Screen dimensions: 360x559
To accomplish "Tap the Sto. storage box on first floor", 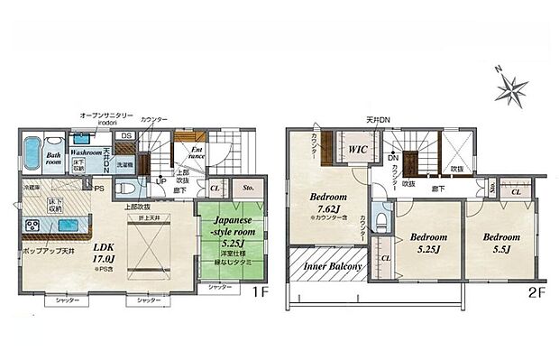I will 249,189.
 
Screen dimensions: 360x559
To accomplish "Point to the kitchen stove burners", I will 32,226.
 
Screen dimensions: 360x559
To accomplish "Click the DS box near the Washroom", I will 126,136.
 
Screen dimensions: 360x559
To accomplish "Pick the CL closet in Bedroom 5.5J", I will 515,192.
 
